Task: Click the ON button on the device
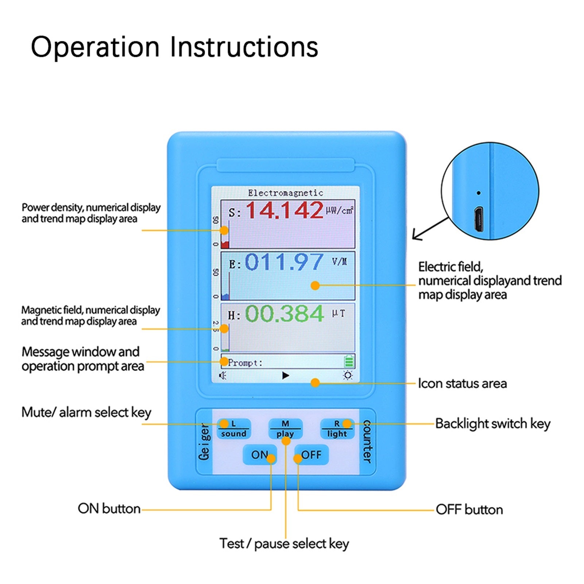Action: [260, 455]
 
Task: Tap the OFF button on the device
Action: [312, 455]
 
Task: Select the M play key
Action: [285, 429]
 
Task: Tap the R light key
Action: [337, 429]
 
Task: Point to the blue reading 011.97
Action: [284, 262]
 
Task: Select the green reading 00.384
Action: [284, 314]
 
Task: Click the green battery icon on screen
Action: [349, 361]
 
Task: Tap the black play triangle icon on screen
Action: [286, 375]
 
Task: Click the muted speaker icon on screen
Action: [223, 375]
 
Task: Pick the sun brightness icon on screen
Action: [348, 375]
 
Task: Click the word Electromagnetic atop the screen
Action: [286, 193]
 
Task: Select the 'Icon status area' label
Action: [462, 383]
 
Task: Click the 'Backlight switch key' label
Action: [492, 424]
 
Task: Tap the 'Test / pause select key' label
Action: [284, 544]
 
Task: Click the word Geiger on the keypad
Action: [204, 441]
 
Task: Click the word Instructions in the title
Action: [244, 47]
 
